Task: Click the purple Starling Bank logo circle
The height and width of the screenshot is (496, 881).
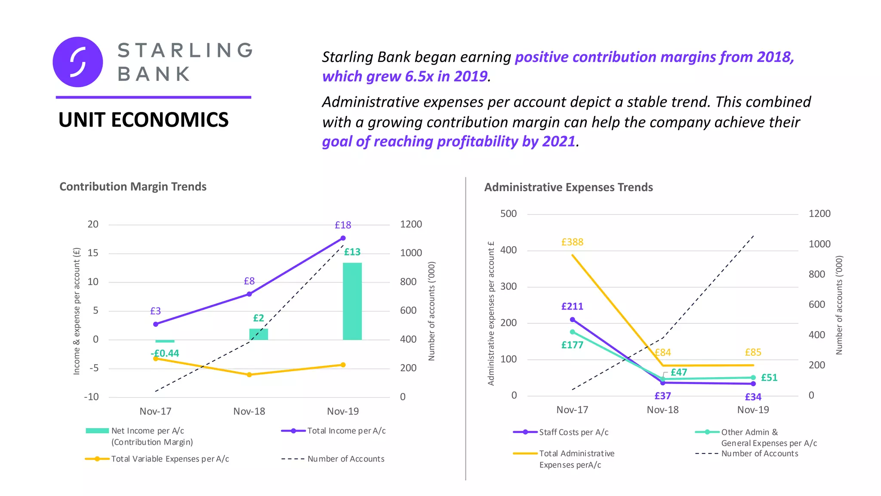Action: (x=78, y=62)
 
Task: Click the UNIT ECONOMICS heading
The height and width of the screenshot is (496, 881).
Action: (x=143, y=120)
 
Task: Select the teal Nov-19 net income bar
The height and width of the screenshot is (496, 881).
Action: (x=352, y=301)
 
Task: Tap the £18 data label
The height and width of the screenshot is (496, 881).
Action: (x=343, y=225)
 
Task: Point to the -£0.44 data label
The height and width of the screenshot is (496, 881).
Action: (x=165, y=353)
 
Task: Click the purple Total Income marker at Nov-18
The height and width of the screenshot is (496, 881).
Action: (x=249, y=294)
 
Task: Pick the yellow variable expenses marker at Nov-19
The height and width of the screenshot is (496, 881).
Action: (x=343, y=365)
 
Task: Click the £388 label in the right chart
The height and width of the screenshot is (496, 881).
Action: (x=572, y=242)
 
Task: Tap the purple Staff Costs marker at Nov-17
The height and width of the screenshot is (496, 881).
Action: (x=572, y=320)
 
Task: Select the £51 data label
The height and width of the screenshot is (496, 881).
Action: (x=769, y=378)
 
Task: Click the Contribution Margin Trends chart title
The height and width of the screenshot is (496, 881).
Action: (x=132, y=187)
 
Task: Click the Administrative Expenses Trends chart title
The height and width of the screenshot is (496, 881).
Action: (x=568, y=188)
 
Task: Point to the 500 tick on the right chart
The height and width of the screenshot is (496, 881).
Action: (x=508, y=214)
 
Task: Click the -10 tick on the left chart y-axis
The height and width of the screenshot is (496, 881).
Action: (x=91, y=397)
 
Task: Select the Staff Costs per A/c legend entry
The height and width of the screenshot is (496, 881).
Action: (x=573, y=432)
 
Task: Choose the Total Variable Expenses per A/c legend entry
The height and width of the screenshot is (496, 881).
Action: (x=170, y=459)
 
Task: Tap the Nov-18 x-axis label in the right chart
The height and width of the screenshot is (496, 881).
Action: (x=662, y=410)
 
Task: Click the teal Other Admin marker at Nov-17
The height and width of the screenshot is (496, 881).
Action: (x=572, y=332)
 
